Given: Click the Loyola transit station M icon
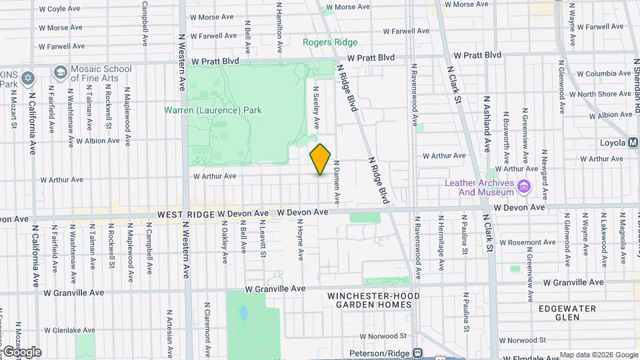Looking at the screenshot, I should [x=633, y=142].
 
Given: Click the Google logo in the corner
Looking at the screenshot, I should [x=21, y=352].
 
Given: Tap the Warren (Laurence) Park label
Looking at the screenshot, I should [x=213, y=110].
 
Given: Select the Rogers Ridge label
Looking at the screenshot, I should [x=330, y=42].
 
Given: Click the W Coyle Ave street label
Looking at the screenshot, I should [x=62, y=9].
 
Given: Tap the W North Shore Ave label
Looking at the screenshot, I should [x=604, y=94].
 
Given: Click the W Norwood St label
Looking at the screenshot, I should [x=383, y=336].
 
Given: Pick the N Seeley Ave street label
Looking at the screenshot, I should [x=317, y=107].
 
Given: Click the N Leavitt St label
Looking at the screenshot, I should [x=263, y=241].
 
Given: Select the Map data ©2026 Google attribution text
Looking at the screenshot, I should [x=599, y=355].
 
